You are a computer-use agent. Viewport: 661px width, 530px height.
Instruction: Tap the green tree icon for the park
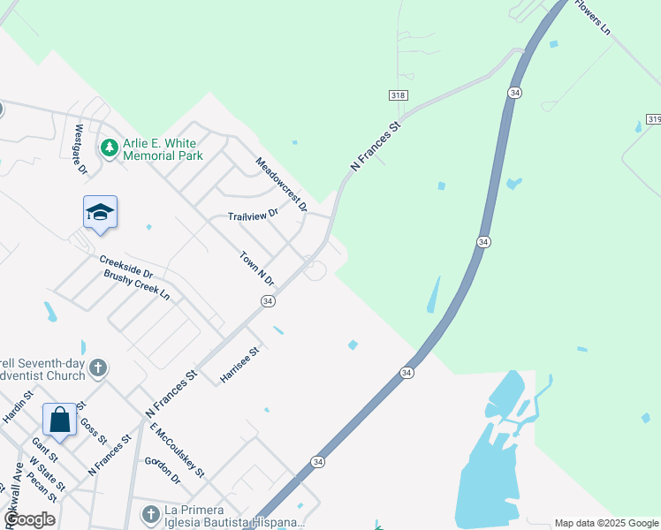point(110,147)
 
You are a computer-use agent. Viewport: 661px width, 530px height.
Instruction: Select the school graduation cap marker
point(100,212)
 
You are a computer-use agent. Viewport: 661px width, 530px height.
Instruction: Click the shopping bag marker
point(59,420)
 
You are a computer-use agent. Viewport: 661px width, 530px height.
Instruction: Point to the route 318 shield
point(399,95)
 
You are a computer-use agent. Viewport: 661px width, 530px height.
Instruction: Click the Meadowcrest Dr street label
point(281,185)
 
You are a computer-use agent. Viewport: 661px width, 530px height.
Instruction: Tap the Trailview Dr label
point(253,215)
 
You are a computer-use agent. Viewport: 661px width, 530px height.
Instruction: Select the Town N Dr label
point(257,269)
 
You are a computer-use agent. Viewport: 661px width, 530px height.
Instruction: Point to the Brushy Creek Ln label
point(137,285)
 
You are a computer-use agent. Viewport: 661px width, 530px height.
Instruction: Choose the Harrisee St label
point(239,365)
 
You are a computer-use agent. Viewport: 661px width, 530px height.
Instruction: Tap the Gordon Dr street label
point(163,471)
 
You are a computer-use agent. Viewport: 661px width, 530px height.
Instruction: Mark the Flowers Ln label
point(593,17)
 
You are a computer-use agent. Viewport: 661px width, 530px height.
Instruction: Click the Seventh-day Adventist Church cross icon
point(97,367)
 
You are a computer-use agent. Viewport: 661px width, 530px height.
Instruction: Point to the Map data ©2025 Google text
point(606,523)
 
